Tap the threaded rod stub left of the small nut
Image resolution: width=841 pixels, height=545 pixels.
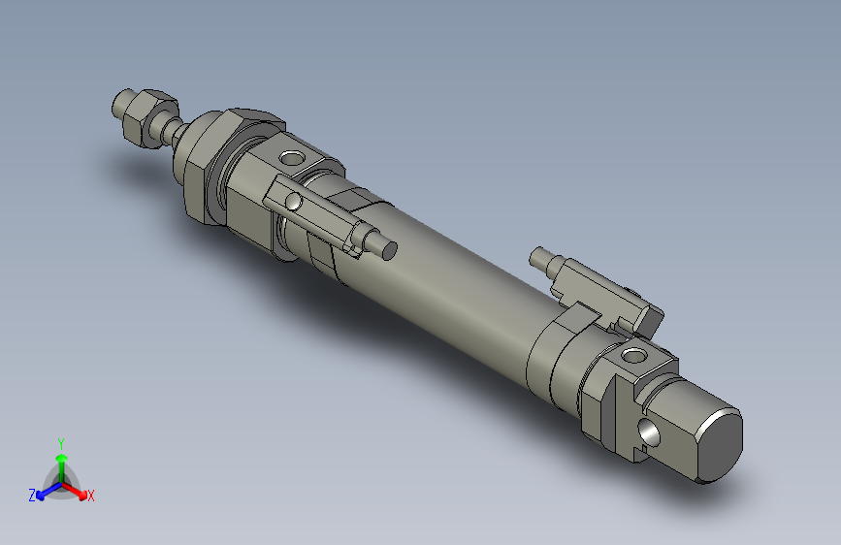tap(124, 102)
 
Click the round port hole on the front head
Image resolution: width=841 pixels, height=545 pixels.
tap(291, 157)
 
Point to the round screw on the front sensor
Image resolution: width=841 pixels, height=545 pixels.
tap(293, 202)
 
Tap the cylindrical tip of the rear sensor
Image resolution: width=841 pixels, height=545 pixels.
tap(540, 258)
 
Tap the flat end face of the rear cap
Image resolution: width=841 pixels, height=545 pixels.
tap(719, 445)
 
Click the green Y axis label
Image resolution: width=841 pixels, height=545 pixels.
tap(60, 442)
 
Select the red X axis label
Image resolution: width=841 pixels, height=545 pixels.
tap(91, 496)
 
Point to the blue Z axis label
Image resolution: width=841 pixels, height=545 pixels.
tap(31, 496)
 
